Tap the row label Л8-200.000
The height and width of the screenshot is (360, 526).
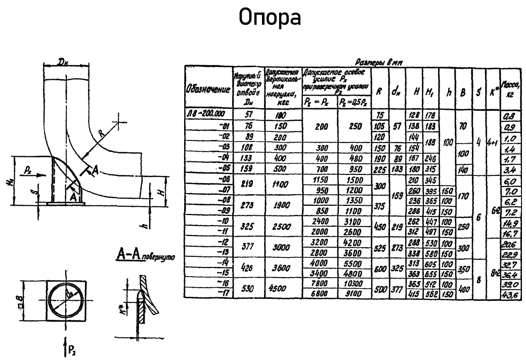[x=205, y=114]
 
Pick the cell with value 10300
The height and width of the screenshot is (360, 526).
[x=354, y=284]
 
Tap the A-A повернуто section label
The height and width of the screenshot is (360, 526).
[x=144, y=256]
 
